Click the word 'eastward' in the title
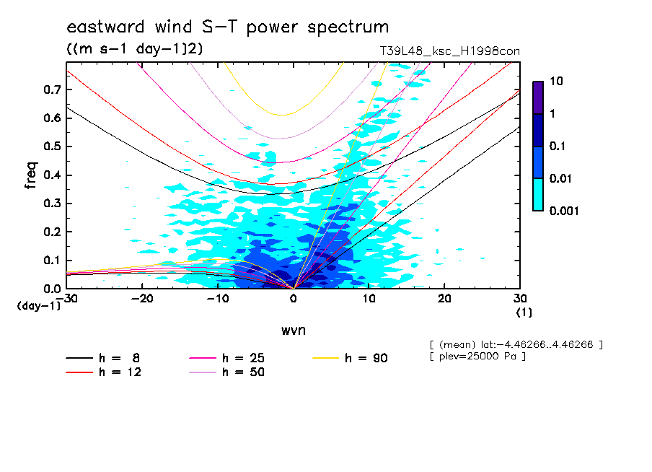click(x=105, y=27)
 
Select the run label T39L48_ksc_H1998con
click(x=449, y=51)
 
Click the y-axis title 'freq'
click(x=31, y=175)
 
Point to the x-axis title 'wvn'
click(x=294, y=331)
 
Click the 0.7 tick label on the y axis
click(x=52, y=89)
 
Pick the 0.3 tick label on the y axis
click(x=52, y=204)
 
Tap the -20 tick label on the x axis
click(x=142, y=299)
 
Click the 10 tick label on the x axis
click(x=369, y=299)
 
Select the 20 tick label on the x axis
click(x=444, y=299)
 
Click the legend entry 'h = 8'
click(x=102, y=358)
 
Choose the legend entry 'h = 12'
click(x=104, y=372)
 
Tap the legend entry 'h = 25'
click(x=226, y=358)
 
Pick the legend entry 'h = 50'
click(x=226, y=372)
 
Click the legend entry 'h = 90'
click(x=350, y=358)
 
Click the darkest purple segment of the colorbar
click(x=538, y=98)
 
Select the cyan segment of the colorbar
click(x=538, y=195)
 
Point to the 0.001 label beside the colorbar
click(x=564, y=211)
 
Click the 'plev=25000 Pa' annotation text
click(x=477, y=357)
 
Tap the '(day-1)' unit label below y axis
click(x=39, y=306)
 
